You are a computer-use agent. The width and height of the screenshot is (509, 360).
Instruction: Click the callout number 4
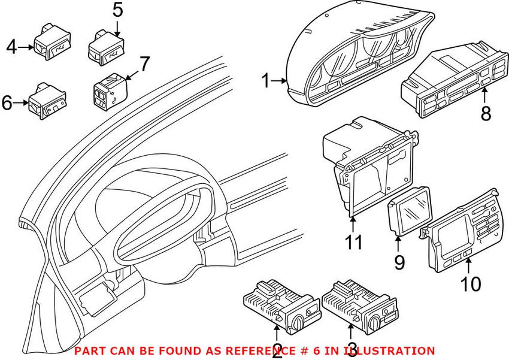11,47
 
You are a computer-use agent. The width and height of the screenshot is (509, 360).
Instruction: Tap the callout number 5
118,10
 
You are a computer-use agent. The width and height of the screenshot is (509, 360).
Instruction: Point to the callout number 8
486,114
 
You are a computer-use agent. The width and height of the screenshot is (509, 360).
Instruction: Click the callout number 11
354,242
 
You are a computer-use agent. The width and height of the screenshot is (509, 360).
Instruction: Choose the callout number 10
471,285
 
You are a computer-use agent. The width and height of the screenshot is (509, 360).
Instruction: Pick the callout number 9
399,262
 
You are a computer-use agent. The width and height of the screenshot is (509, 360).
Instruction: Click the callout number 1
265,81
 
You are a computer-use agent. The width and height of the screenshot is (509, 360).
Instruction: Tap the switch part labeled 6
48,101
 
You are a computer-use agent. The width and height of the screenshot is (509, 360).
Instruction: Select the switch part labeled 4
52,42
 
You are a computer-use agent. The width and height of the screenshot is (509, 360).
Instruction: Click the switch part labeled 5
107,48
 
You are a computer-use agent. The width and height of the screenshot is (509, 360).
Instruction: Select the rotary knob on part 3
374,323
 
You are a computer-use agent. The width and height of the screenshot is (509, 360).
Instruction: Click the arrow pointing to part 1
279,81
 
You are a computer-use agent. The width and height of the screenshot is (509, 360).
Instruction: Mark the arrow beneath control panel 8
484,96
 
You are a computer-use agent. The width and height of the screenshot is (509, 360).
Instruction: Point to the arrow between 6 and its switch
22,103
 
